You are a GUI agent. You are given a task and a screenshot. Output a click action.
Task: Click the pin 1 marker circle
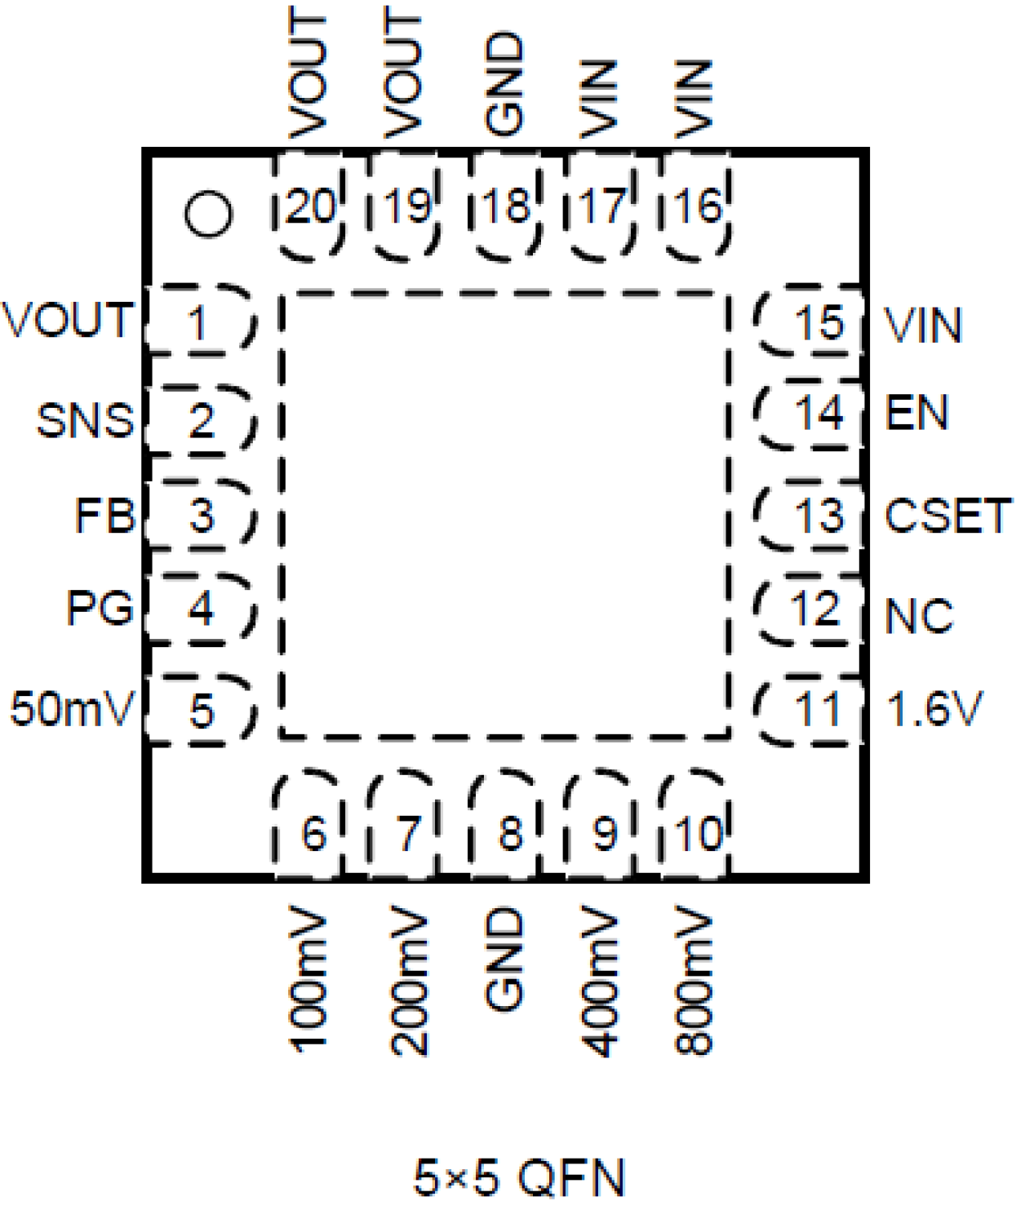(x=208, y=215)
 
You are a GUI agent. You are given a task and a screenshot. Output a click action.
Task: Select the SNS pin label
(x=85, y=420)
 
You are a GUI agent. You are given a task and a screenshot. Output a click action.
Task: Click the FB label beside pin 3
(x=104, y=516)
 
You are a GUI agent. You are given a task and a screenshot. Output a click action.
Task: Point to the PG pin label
(x=100, y=609)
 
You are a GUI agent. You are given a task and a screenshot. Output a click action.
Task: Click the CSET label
(x=947, y=516)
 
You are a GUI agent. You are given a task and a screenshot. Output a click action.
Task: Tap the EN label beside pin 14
(x=917, y=413)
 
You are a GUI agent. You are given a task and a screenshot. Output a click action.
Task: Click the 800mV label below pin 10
(x=694, y=982)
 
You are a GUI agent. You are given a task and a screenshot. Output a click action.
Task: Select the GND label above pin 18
(x=504, y=83)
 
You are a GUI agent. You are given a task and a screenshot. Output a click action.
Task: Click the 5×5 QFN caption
(x=519, y=1177)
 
